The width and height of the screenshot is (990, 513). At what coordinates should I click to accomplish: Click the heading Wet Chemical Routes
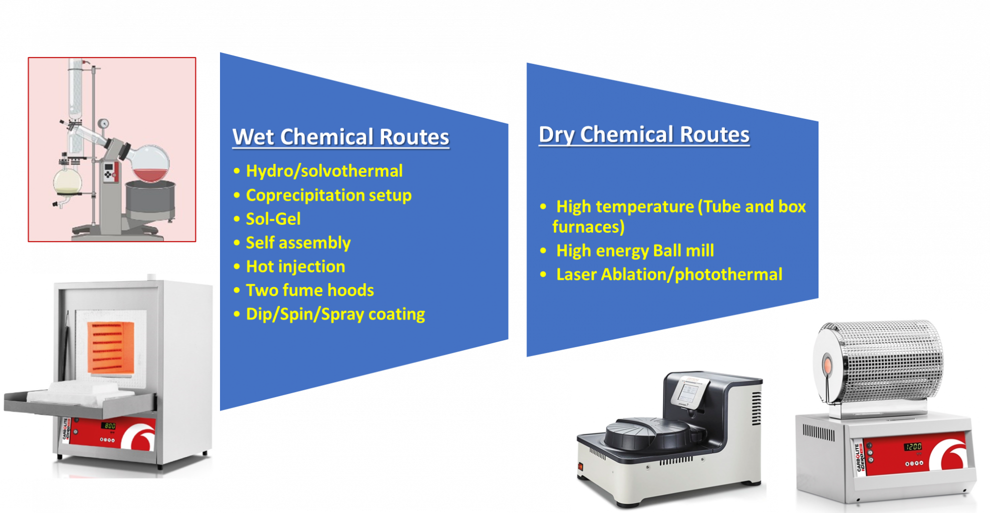(340, 137)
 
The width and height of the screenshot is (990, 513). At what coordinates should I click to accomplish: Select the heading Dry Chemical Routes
(644, 134)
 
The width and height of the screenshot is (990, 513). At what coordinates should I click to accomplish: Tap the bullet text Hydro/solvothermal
(324, 171)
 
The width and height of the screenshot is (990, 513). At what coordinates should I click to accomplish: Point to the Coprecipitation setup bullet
(328, 195)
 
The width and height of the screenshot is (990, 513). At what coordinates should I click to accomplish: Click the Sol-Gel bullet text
(273, 219)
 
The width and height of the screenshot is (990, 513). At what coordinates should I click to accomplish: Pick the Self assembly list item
(298, 243)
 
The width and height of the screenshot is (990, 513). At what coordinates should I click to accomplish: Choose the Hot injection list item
(295, 266)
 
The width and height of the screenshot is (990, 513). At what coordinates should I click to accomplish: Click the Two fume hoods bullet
(309, 290)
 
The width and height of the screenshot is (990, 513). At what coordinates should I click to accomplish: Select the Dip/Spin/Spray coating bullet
(335, 314)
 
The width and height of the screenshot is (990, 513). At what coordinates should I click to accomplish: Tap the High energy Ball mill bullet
(635, 250)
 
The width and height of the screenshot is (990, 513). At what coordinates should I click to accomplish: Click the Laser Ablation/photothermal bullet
(669, 274)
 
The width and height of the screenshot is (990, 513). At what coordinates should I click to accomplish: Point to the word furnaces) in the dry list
(588, 227)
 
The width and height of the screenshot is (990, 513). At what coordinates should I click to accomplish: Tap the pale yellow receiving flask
(67, 182)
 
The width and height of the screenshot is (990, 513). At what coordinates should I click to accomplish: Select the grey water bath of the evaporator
(150, 200)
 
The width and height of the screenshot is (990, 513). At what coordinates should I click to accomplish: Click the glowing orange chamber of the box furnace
(111, 348)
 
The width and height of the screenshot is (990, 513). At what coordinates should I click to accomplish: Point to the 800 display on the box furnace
(109, 426)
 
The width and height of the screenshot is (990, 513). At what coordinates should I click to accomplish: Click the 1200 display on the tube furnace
(912, 447)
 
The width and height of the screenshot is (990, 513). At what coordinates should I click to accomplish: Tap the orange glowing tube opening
(827, 365)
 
